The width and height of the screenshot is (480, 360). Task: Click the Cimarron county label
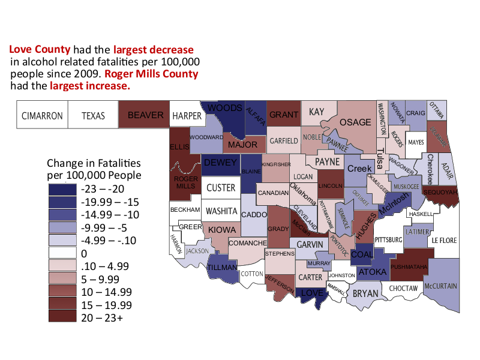pos(42,116)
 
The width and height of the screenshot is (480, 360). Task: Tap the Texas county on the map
pos(93,116)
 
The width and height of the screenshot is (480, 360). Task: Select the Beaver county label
pos(145,115)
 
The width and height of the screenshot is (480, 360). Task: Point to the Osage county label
pos(356,122)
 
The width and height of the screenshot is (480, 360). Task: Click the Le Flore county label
pos(444,241)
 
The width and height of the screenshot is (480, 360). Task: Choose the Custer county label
pos(221,188)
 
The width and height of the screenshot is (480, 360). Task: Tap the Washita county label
pos(221,211)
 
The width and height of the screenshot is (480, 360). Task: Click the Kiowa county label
pos(221,229)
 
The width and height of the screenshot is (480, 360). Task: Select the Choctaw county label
pos(403,289)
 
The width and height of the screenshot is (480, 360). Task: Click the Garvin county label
pos(310,245)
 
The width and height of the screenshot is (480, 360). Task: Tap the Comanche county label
pos(247,243)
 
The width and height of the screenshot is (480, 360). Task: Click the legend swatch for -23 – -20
pos(62,188)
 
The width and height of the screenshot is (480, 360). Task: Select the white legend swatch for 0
pos(62,253)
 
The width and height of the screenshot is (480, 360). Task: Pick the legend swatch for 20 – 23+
pos(62,318)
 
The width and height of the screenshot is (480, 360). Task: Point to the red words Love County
pos(40,49)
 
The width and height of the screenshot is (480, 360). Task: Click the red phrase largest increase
pos(90,86)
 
